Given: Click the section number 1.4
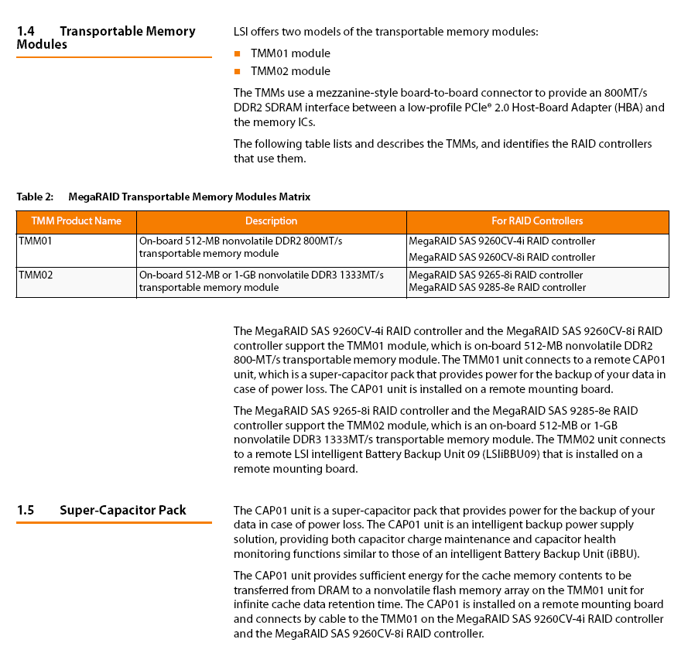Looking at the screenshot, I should click(26, 32).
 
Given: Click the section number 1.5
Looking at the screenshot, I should click(26, 510).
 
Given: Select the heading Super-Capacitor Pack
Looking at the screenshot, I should click(122, 510).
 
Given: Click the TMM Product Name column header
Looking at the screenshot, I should click(76, 221).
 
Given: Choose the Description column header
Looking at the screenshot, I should click(271, 221).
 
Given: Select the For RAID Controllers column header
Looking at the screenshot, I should click(537, 221).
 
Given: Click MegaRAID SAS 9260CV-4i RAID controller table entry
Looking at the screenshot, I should click(501, 241).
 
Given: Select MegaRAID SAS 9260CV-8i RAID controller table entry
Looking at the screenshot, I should click(501, 258).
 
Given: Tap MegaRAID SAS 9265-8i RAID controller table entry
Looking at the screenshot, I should click(495, 275).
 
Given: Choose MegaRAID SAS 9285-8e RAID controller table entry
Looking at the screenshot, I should click(497, 288).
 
